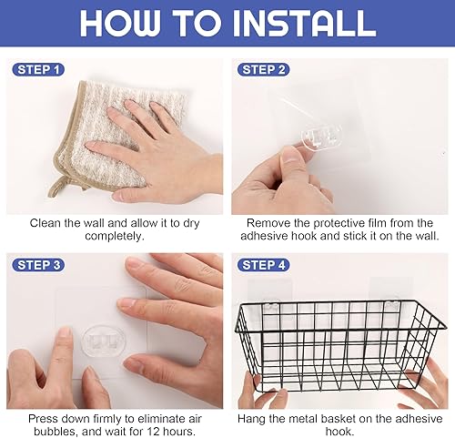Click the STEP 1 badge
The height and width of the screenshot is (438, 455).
[x=38, y=70]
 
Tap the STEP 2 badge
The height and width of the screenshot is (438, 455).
[x=263, y=70]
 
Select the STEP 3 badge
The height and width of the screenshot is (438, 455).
[x=38, y=265]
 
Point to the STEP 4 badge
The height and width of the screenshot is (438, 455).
[x=263, y=265]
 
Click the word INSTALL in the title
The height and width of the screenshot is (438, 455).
[x=304, y=24]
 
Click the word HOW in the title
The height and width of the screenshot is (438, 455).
[x=120, y=24]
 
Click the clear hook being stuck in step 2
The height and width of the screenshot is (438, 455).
[x=321, y=138]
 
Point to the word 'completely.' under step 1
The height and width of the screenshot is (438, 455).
[x=115, y=236]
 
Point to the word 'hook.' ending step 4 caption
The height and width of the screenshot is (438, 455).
[x=339, y=432]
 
